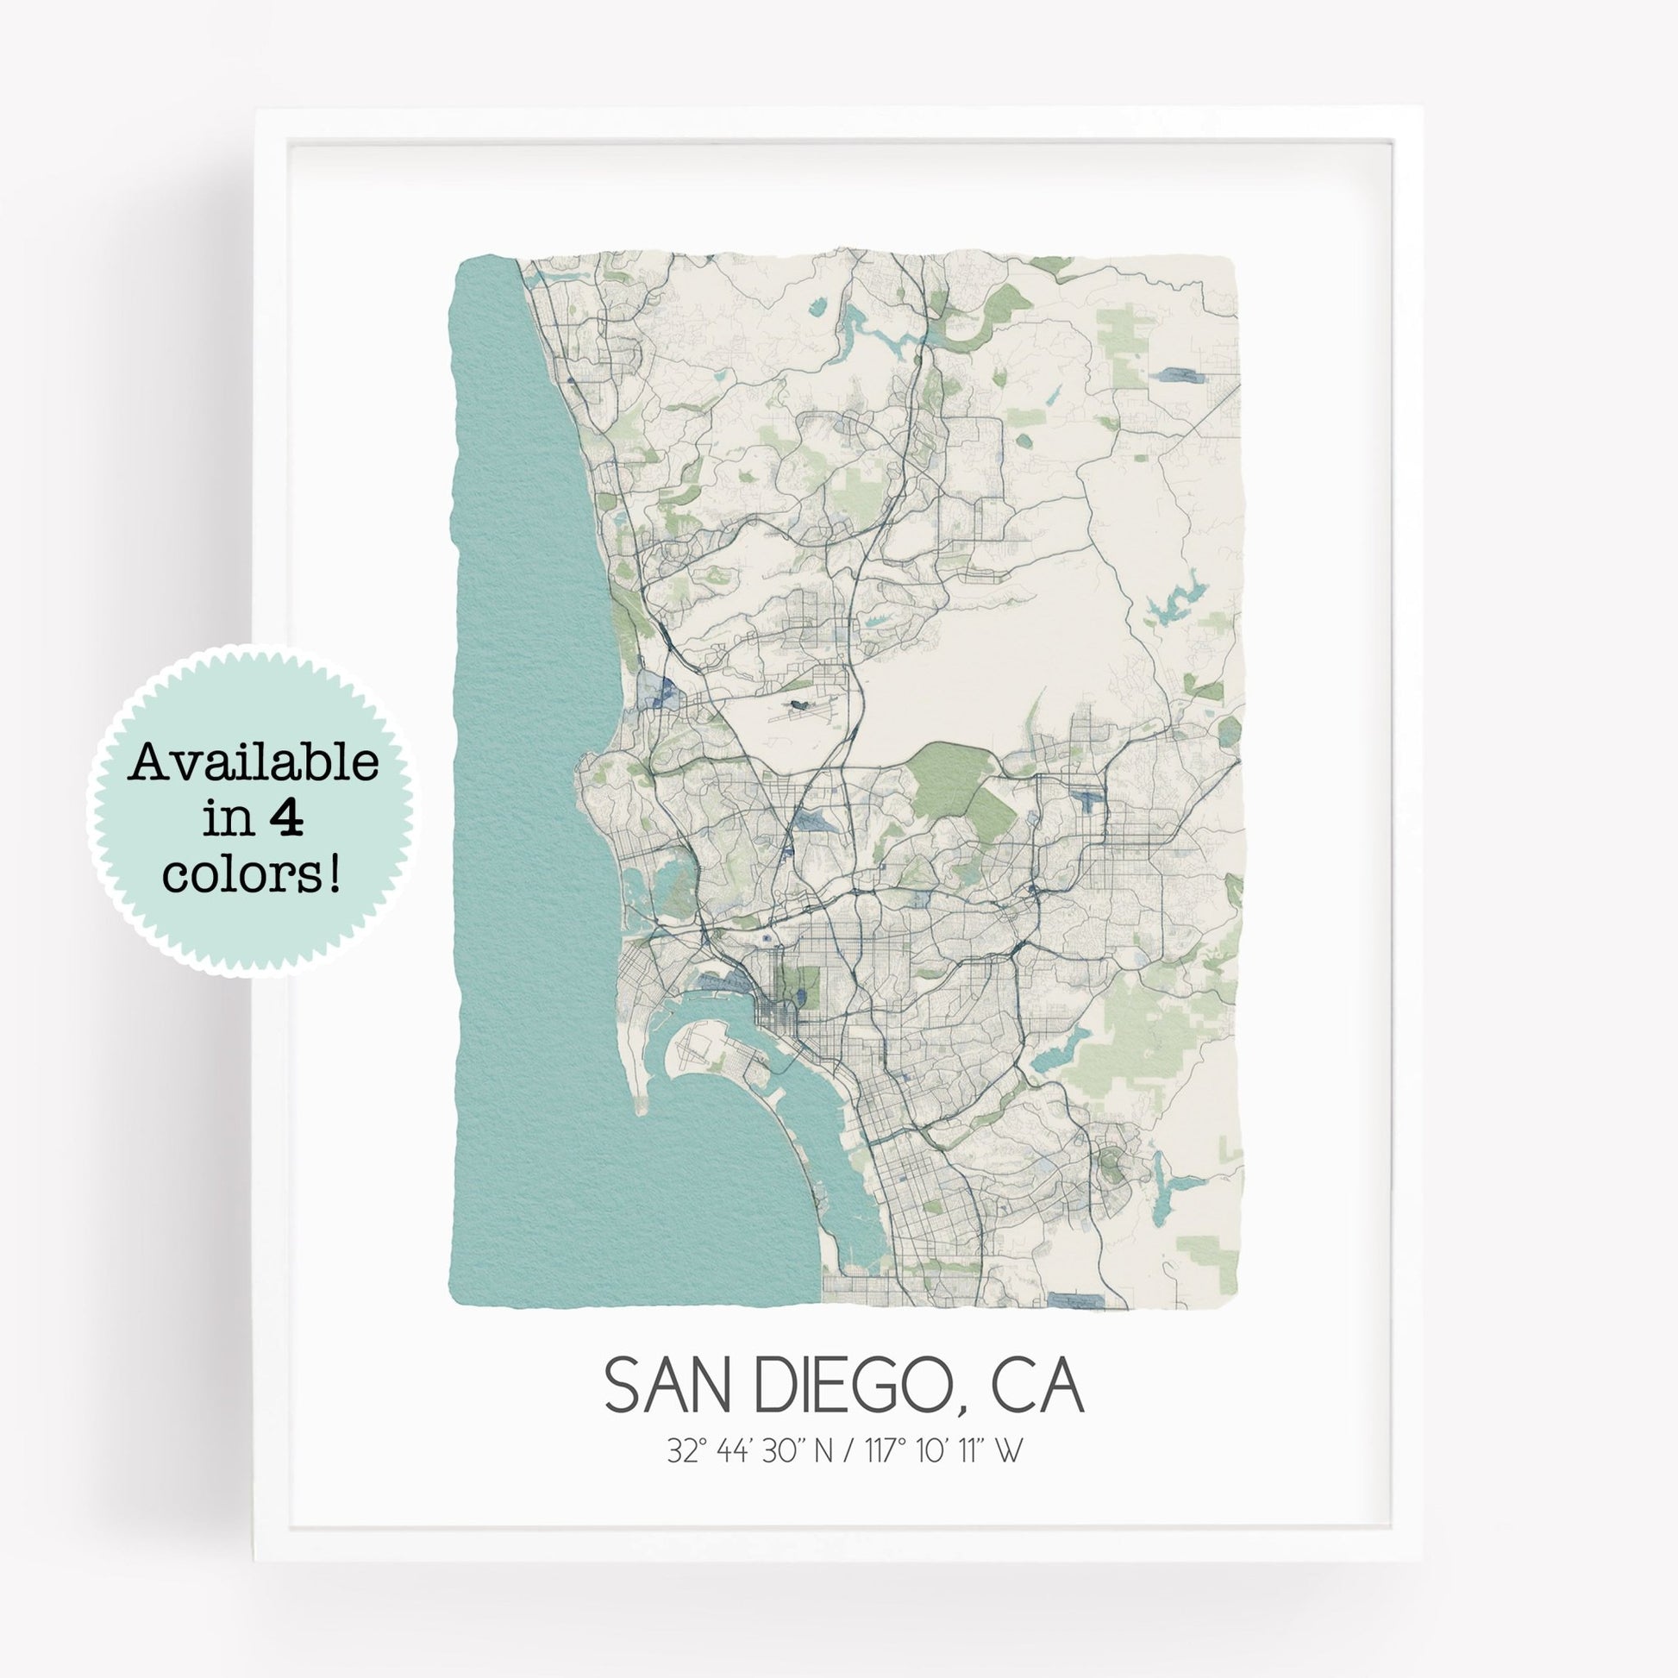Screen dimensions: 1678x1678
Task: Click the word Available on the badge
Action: coord(253,763)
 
